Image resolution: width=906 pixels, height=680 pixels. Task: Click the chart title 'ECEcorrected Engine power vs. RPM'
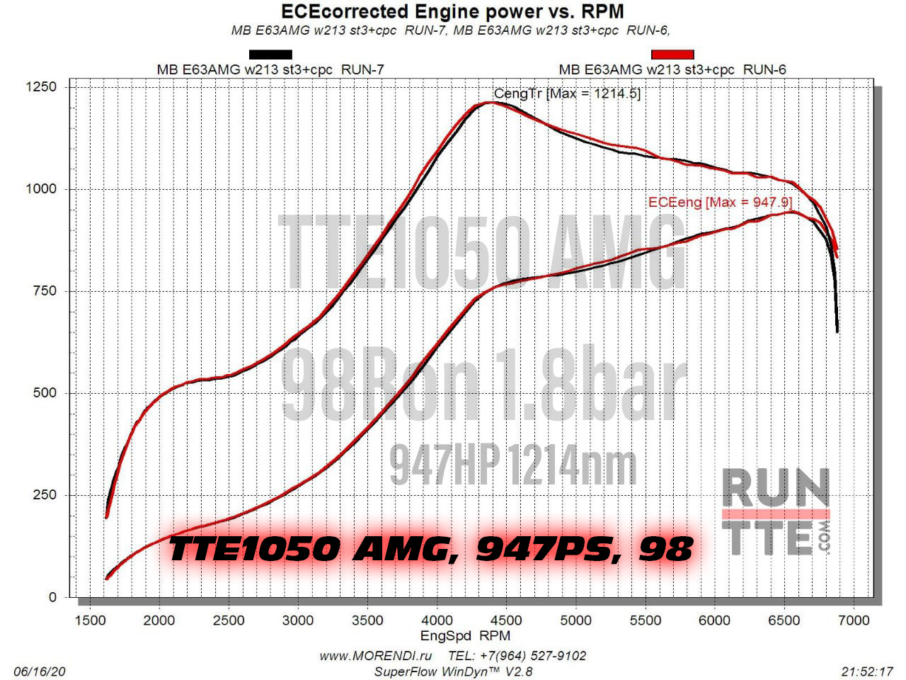click(x=452, y=12)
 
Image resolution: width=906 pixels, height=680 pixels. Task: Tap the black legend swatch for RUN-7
click(x=270, y=55)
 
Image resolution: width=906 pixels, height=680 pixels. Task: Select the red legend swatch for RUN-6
click(x=672, y=55)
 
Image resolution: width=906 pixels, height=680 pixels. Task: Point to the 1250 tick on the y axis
click(x=41, y=87)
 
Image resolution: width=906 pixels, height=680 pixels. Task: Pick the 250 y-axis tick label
click(x=45, y=495)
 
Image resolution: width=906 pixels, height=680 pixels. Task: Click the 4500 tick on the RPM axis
click(x=506, y=620)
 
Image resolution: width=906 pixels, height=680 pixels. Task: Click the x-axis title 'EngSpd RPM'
click(x=465, y=636)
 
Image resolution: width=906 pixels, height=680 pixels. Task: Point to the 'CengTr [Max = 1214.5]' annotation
click(x=567, y=93)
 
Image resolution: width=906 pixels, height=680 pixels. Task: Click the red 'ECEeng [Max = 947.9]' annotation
click(x=719, y=203)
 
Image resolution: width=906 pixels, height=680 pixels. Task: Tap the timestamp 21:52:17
click(x=868, y=671)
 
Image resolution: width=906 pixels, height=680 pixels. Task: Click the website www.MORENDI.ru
click(x=375, y=656)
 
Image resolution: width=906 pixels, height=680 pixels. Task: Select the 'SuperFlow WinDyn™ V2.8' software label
click(x=453, y=671)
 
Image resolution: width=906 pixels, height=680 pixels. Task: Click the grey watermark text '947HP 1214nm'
click(x=513, y=465)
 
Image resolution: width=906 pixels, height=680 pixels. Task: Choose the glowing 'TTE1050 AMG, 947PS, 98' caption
click(x=430, y=549)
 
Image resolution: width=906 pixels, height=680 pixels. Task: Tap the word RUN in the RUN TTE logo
click(x=776, y=487)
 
